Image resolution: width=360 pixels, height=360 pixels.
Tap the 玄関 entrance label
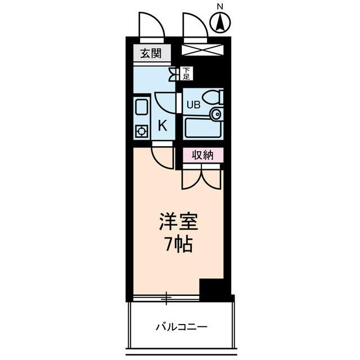tap(151, 54)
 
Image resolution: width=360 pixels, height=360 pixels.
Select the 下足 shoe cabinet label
tap(186, 73)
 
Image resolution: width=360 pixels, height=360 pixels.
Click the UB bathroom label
tap(192, 104)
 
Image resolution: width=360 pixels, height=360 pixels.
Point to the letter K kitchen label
tap(162, 125)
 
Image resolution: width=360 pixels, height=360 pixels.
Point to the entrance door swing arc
tap(150, 23)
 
